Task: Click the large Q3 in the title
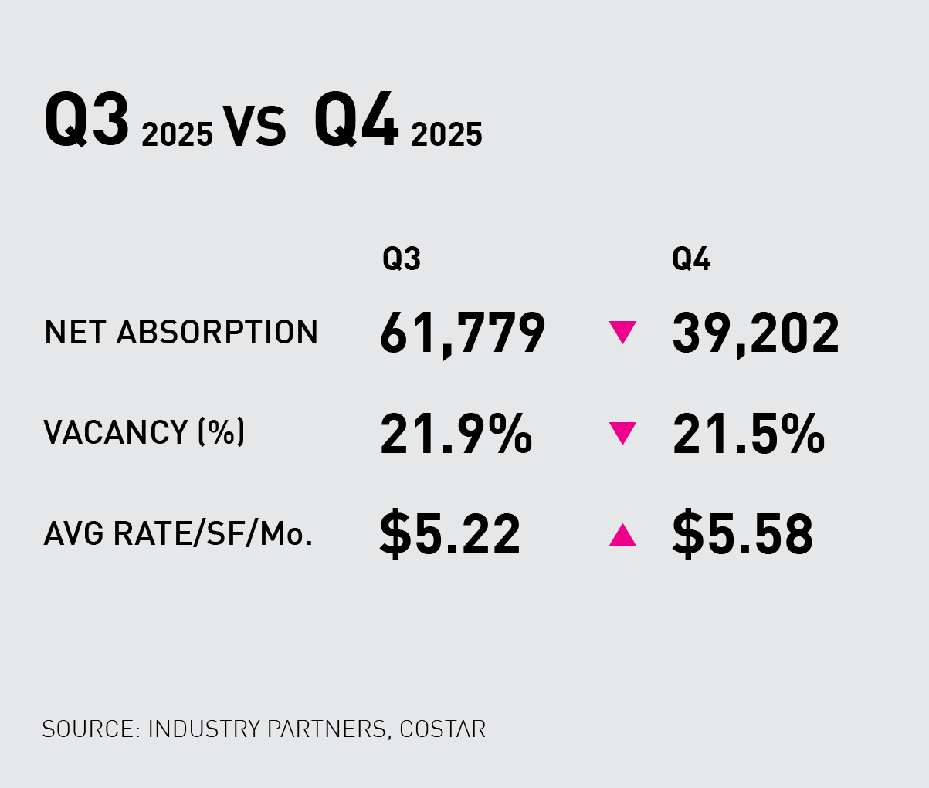[x=86, y=120]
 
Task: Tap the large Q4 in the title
[x=356, y=120]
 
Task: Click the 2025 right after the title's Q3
[x=177, y=134]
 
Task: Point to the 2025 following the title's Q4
[x=446, y=134]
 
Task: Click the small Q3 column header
[x=402, y=260]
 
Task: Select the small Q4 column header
[x=691, y=260]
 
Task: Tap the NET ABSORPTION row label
[x=181, y=333]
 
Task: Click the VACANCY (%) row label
[x=144, y=432]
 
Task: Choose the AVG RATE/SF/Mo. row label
[x=178, y=533]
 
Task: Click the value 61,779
[x=463, y=334]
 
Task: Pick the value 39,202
[x=755, y=334]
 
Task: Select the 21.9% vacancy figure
[x=456, y=434]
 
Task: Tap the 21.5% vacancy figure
[x=748, y=434]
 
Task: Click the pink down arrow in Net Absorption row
[x=622, y=333]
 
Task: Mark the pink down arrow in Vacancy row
[x=622, y=433]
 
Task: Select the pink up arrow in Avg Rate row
[x=622, y=535]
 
